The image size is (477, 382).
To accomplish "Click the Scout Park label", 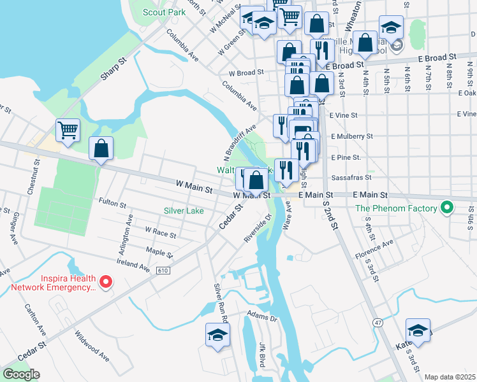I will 164,12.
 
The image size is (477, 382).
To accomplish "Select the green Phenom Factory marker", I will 447,208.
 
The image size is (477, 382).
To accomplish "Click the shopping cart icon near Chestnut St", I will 68,131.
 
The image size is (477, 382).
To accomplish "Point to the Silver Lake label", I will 184,211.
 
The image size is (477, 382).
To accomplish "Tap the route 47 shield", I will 379,323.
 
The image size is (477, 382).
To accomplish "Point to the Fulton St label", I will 112,202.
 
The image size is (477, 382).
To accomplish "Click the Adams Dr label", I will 263,316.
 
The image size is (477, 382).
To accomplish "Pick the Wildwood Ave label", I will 92,345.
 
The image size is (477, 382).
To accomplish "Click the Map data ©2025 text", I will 449,377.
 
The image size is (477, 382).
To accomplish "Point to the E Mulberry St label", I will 351,136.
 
